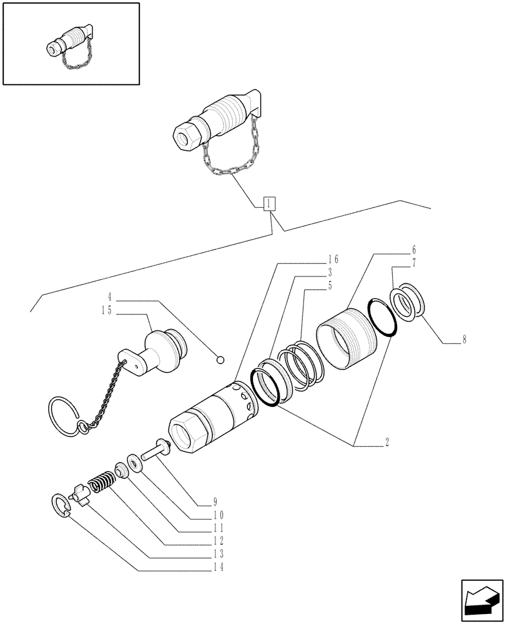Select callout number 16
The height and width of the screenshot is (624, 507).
click(x=333, y=260)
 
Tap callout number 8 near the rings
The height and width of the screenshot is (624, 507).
click(x=465, y=341)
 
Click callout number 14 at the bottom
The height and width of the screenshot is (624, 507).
click(x=217, y=567)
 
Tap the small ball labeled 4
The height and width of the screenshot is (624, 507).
click(x=220, y=359)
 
